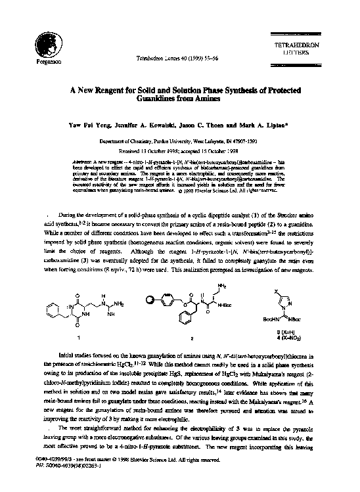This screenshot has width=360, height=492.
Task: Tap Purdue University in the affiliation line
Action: click(173, 141)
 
